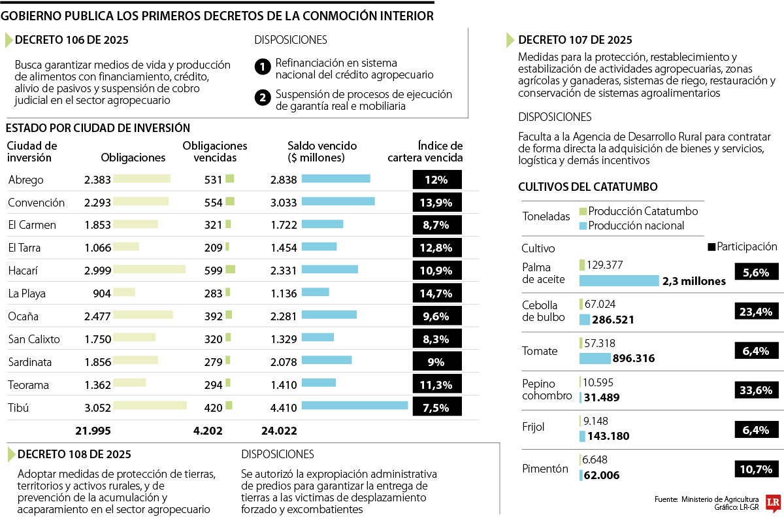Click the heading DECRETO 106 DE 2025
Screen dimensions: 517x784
pos(72,40)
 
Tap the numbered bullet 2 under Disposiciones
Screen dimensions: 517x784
pos(262,99)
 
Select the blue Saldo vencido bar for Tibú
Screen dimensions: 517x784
pos(355,405)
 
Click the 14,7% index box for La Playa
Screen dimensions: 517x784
pos(437,293)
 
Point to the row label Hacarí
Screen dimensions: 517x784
pos(22,271)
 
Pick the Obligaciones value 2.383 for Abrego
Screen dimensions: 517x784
pos(97,180)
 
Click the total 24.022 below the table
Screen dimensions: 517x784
pos(278,430)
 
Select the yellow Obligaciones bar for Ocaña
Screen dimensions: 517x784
pos(143,315)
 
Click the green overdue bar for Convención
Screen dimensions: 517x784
pos(230,202)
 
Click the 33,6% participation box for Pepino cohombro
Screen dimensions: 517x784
pos(756,390)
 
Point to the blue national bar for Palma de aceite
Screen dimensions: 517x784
pos(619,281)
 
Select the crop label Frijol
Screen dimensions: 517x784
pos(533,427)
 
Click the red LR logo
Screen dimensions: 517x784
pos(774,501)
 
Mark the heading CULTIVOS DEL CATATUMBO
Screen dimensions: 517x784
pos(587,187)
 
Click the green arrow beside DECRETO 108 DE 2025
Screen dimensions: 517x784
pos(10,454)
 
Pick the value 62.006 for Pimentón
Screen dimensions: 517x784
pos(602,476)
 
